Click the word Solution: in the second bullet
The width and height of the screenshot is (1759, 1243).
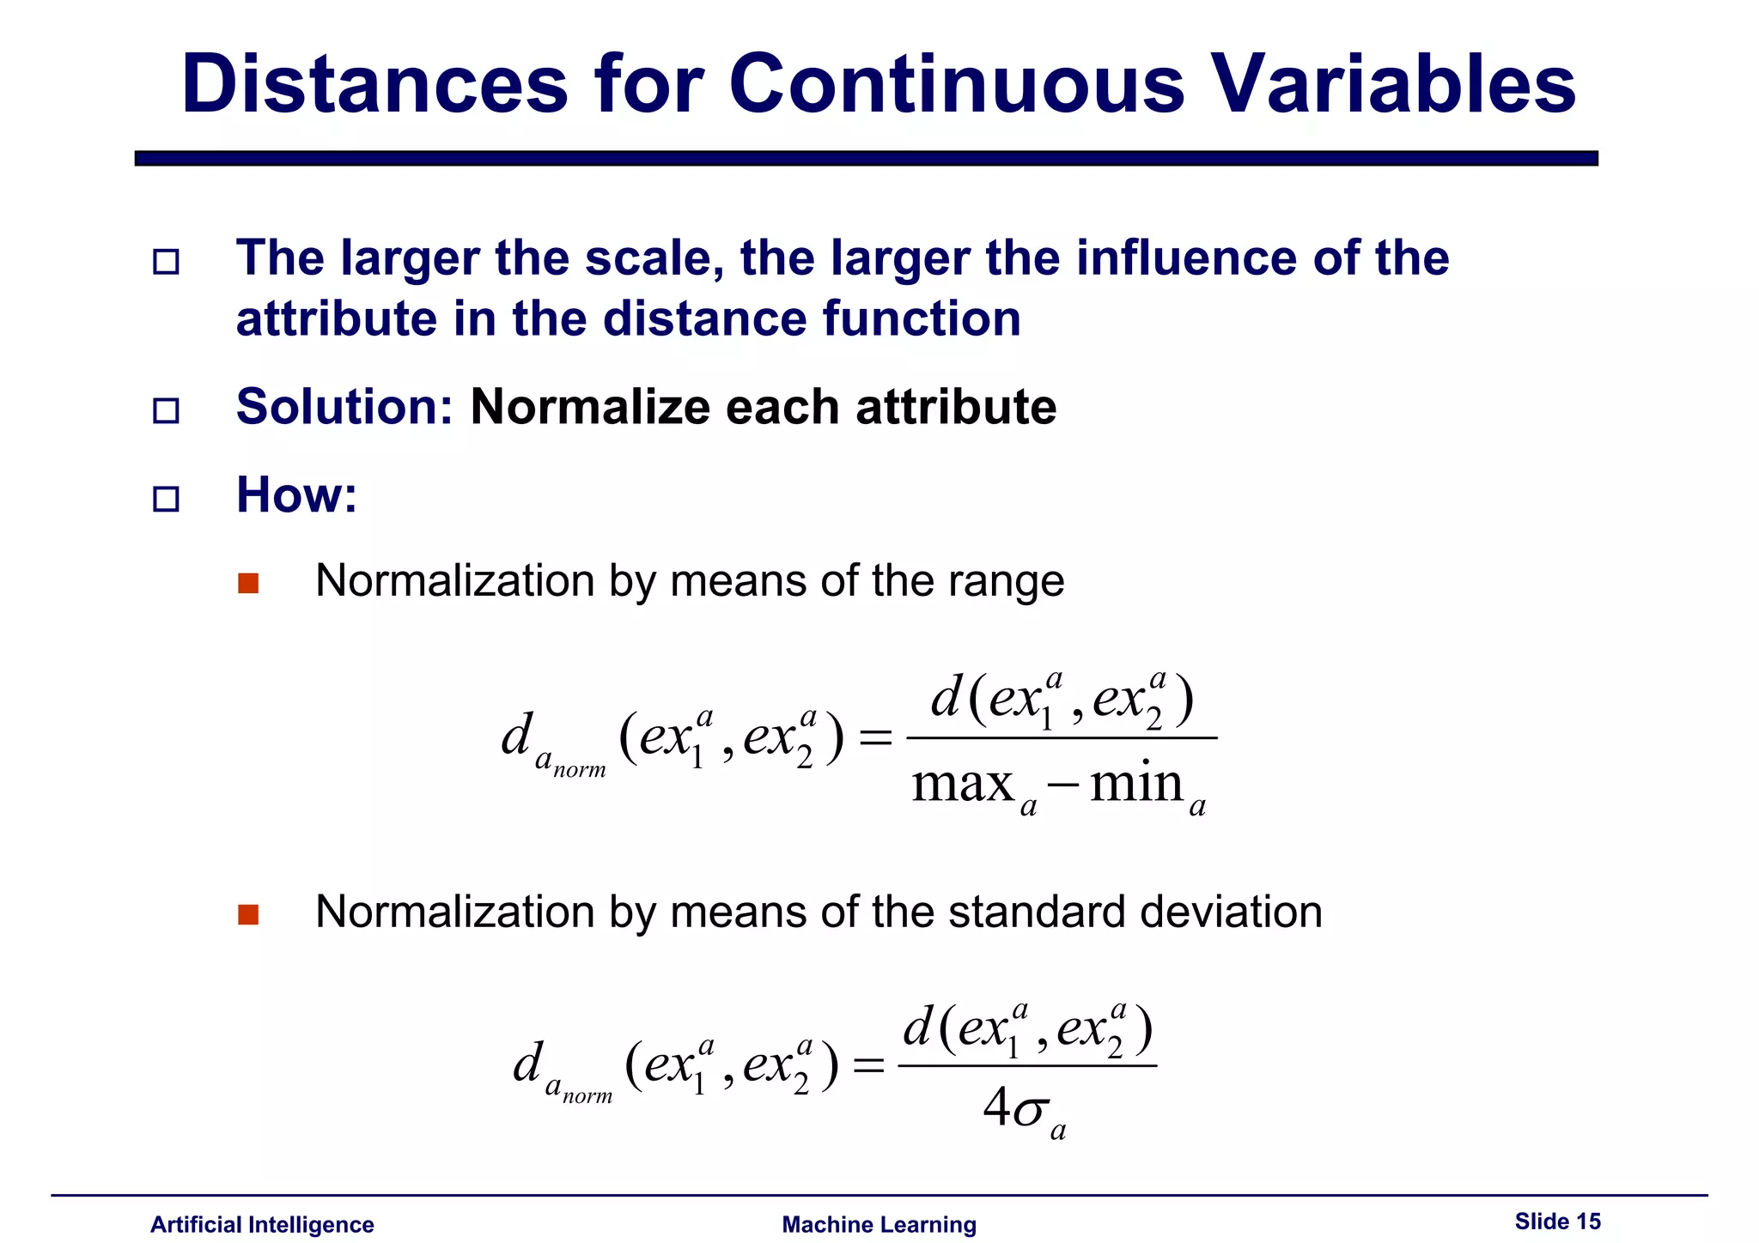[344, 407]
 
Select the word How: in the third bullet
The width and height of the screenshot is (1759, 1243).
[296, 495]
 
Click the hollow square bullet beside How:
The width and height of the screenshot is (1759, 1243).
[166, 499]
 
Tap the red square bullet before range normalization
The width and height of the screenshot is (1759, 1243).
[248, 584]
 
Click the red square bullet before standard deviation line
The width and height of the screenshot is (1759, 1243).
[248, 914]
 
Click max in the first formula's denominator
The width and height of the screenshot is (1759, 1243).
[963, 784]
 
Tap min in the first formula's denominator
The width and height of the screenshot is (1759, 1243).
[1136, 784]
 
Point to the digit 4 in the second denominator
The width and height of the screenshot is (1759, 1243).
[996, 1107]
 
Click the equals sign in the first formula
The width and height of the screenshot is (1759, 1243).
[875, 737]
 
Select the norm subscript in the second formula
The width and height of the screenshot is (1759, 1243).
[587, 1096]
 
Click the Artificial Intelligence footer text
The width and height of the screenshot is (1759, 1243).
[262, 1224]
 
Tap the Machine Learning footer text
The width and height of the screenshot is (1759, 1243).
[879, 1224]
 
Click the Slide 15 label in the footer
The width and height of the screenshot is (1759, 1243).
[1557, 1221]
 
